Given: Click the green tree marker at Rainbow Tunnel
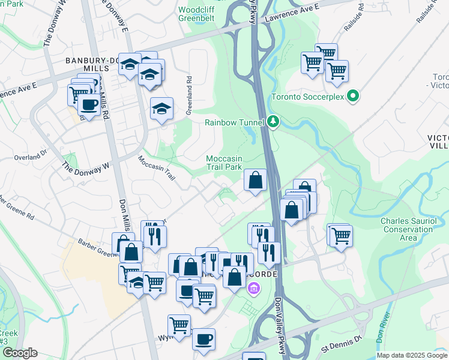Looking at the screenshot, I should [x=274, y=122].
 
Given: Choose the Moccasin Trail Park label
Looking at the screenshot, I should [x=224, y=163].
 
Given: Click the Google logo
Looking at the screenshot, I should [x=19, y=353].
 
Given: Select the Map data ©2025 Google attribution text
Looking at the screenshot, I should [x=411, y=355].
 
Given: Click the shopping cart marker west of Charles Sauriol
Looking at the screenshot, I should [x=341, y=236].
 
